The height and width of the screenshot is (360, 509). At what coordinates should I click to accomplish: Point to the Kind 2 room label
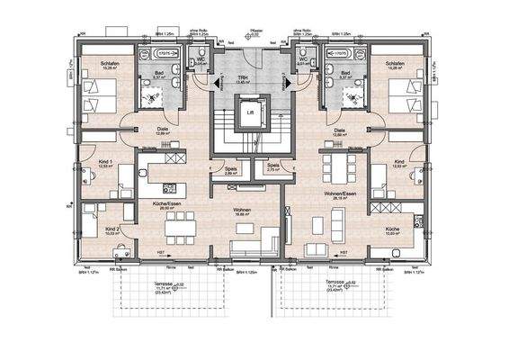(112, 228)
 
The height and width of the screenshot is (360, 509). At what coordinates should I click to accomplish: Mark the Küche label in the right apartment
(392, 229)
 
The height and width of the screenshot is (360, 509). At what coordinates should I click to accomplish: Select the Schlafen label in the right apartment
(394, 64)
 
